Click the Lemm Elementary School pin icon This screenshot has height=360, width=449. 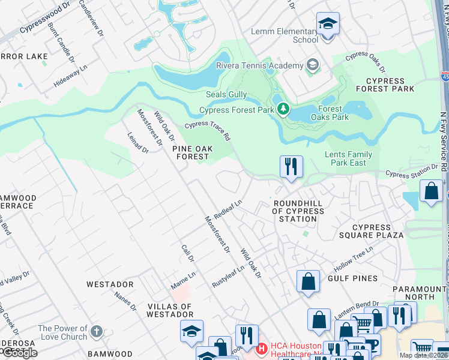(x=328, y=25)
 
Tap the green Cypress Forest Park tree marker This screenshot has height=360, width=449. (x=283, y=110)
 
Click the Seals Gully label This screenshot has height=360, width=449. (x=226, y=95)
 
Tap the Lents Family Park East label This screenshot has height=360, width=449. (x=349, y=158)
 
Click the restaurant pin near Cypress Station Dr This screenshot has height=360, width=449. (x=291, y=167)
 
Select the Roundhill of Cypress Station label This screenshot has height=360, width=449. (x=298, y=211)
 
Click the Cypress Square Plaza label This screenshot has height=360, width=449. (x=378, y=231)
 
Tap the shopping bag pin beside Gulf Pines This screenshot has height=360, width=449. (x=308, y=281)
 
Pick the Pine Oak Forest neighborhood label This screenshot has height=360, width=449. (x=193, y=152)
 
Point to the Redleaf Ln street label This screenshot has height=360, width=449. (x=228, y=209)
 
